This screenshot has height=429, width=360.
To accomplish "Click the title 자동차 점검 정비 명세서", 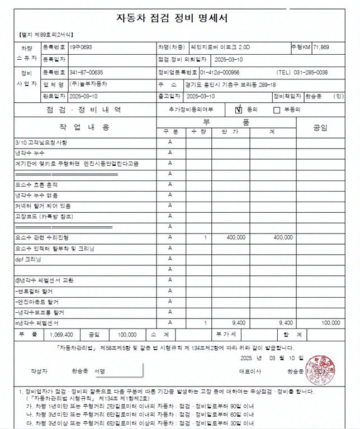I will click(179, 17).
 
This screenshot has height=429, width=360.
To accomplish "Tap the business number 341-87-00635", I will click(86, 73).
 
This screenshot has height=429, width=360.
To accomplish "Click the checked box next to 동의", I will click(238, 109).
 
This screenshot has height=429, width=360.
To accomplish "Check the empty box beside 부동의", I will click(276, 110).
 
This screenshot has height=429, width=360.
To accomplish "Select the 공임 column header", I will click(320, 127).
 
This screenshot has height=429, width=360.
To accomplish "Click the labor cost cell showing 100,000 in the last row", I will click(331, 323).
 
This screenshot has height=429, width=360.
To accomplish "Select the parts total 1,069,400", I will click(61, 335).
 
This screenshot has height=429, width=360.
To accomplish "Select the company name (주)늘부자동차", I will click(89, 84).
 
